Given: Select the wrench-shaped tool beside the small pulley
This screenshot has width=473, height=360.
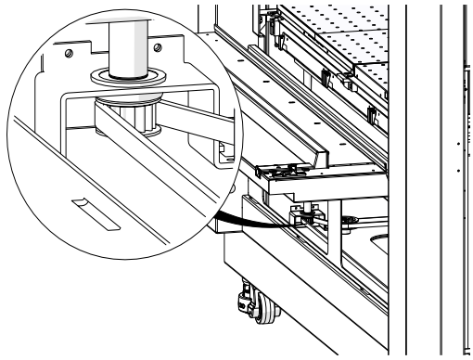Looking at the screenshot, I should tap(347, 220).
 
